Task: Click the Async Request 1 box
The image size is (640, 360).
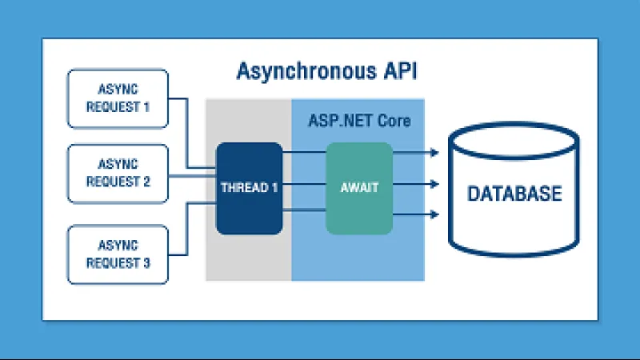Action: coord(118,98)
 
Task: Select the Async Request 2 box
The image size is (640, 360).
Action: coord(118,174)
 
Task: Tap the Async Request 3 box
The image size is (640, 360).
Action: coord(118,255)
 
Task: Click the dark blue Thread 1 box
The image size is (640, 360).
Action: coord(249,188)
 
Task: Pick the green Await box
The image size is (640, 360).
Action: coord(359,188)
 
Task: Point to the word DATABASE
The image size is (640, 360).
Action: coord(514,194)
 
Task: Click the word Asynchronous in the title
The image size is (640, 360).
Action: coord(303,71)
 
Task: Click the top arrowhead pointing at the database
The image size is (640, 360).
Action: coord(434,151)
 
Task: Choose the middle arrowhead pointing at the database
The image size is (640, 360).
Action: coord(434,184)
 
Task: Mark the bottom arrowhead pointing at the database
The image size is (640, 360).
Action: coord(434,214)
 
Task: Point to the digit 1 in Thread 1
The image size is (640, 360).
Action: coord(274,188)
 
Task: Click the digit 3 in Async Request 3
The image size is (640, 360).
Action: coord(146,263)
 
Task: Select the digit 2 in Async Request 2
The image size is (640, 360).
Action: coord(146,182)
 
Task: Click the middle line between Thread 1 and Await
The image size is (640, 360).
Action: coord(304,184)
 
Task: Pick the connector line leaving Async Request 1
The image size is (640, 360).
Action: coord(180,99)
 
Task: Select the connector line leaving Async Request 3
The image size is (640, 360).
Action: coord(180,255)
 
